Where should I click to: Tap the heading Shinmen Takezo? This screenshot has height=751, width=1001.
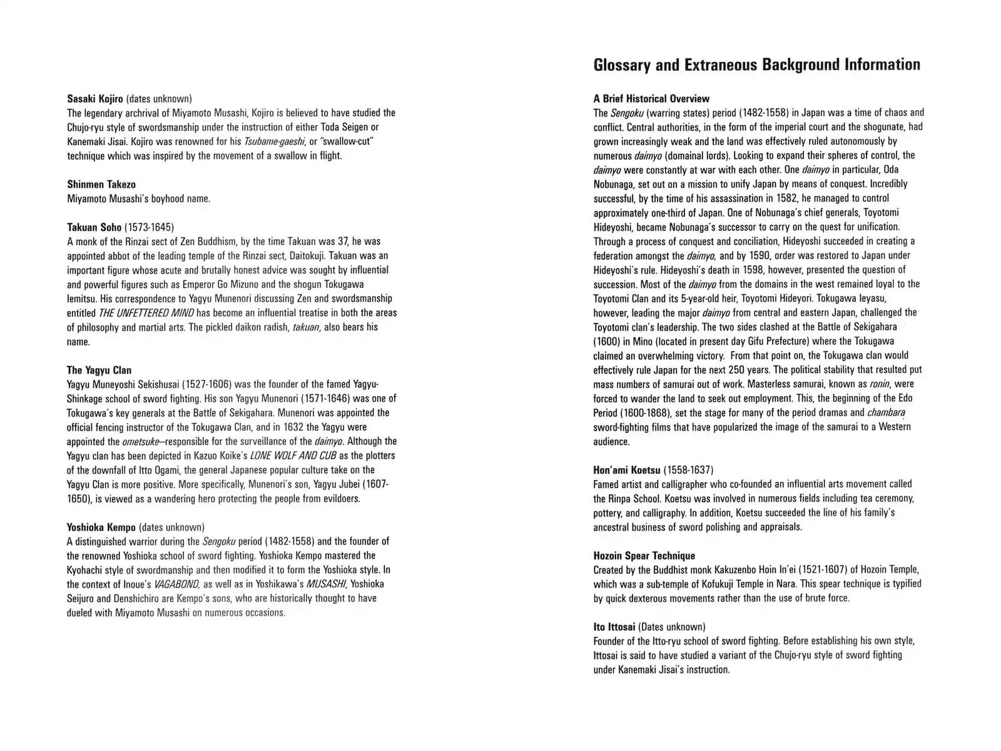click(101, 184)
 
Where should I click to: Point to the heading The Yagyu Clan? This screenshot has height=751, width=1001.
click(99, 370)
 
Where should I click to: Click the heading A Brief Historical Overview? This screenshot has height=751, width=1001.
click(651, 98)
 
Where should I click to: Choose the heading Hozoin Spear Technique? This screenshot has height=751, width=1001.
click(644, 555)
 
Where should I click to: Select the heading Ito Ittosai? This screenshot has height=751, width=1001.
click(614, 626)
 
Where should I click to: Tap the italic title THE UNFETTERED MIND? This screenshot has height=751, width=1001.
click(146, 313)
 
